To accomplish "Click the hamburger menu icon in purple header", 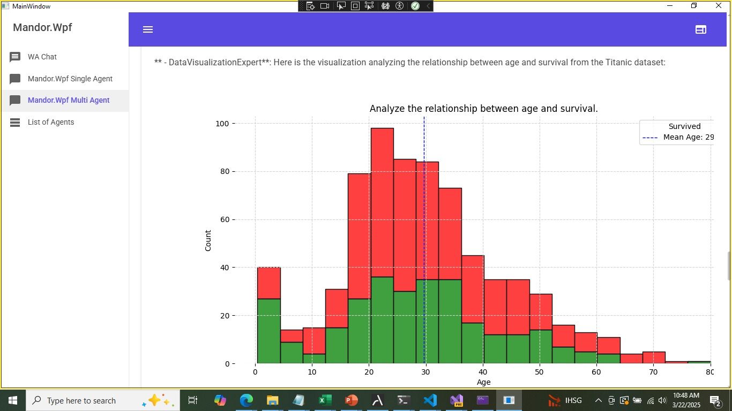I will [x=148, y=29].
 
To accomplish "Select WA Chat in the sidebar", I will [x=42, y=57].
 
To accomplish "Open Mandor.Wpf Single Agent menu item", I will [x=70, y=79].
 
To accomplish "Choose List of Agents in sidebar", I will [x=50, y=122].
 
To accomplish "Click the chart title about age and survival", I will [x=483, y=109].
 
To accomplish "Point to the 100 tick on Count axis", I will [x=222, y=124].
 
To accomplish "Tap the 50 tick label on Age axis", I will [x=540, y=372].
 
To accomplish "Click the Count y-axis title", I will [x=208, y=241].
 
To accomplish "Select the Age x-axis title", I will [x=483, y=382].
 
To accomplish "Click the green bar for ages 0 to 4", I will [x=268, y=332].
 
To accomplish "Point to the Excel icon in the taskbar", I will [x=325, y=400].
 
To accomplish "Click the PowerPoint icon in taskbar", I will [x=351, y=400].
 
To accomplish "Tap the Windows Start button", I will [x=12, y=400].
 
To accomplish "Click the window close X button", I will [x=719, y=6].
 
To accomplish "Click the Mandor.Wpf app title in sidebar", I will [x=42, y=27].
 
